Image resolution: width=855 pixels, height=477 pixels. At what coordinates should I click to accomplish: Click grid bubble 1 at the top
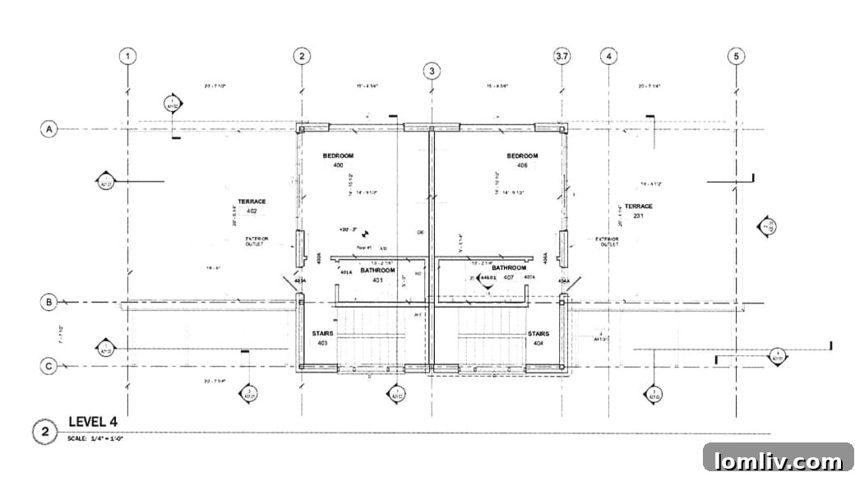tap(127, 56)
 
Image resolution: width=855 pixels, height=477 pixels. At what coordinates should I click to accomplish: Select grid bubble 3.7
tap(562, 56)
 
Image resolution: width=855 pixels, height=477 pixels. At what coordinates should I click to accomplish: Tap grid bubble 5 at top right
tap(737, 56)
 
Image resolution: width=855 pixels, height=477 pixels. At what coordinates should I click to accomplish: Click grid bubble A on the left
tap(49, 129)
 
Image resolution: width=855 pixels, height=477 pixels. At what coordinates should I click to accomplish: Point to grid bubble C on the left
tap(49, 366)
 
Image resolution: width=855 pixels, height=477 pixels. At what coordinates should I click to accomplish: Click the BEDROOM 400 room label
tap(338, 160)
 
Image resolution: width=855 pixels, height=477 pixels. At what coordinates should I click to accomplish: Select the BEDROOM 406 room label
tap(522, 160)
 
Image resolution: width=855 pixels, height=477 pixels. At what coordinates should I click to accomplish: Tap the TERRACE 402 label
tap(252, 206)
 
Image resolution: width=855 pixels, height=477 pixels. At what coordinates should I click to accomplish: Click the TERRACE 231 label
tap(638, 211)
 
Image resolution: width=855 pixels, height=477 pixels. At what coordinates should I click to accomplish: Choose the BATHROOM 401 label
tap(377, 275)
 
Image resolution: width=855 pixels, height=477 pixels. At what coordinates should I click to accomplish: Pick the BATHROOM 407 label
tap(509, 272)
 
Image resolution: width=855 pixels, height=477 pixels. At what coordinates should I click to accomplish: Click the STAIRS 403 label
tap(321, 338)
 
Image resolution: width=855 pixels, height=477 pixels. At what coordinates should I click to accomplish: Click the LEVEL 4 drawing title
tap(92, 422)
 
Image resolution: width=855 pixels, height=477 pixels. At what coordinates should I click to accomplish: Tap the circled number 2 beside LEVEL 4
tap(44, 431)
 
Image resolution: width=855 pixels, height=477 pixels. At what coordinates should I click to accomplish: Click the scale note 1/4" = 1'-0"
tap(95, 438)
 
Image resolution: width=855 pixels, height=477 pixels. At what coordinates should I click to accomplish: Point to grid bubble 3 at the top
tap(432, 71)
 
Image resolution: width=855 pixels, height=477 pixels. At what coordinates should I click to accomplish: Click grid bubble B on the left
tap(49, 302)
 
